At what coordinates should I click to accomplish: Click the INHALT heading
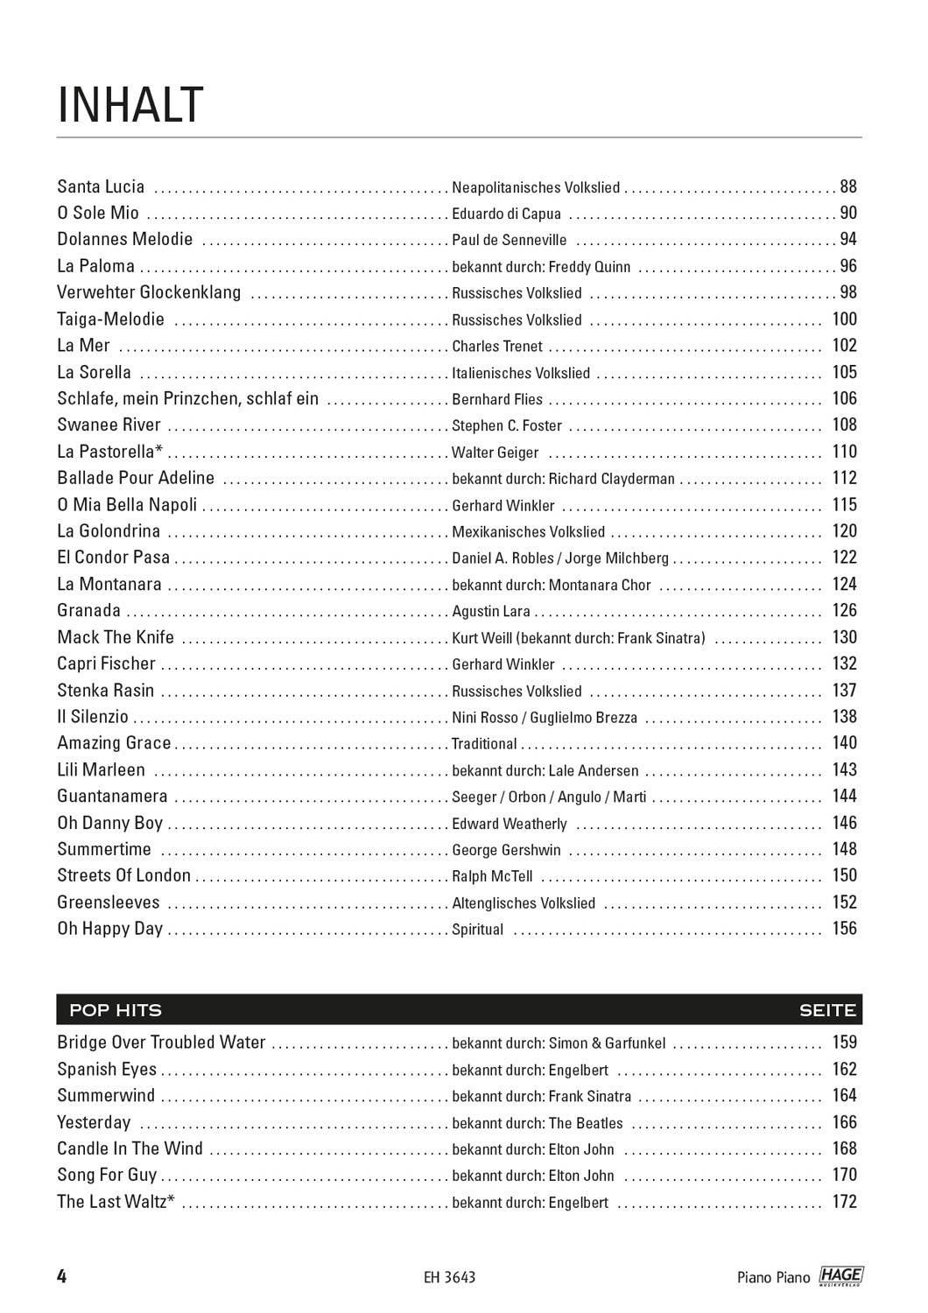tap(130, 105)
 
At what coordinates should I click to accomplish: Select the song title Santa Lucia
tap(101, 186)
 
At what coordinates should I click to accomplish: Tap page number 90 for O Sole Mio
tap(847, 213)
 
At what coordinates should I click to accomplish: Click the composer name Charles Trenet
tap(496, 347)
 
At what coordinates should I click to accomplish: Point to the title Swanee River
tap(109, 425)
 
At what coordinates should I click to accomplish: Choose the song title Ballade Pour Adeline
tap(136, 478)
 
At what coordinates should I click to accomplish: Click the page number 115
tap(844, 505)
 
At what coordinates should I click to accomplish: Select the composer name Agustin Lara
tap(491, 612)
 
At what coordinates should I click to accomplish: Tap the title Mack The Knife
tap(116, 637)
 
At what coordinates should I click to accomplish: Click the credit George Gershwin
tap(506, 850)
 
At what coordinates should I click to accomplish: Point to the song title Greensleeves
tap(109, 902)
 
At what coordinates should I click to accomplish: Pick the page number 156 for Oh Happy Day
tap(844, 929)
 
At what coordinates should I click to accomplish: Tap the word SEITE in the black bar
tap(826, 1010)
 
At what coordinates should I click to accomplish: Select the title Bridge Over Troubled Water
tap(161, 1043)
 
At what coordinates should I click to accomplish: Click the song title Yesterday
tap(94, 1123)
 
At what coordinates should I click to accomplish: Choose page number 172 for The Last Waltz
tap(844, 1202)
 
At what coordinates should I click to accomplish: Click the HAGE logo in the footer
tap(840, 1277)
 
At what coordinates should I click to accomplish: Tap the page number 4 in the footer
tap(62, 1276)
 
